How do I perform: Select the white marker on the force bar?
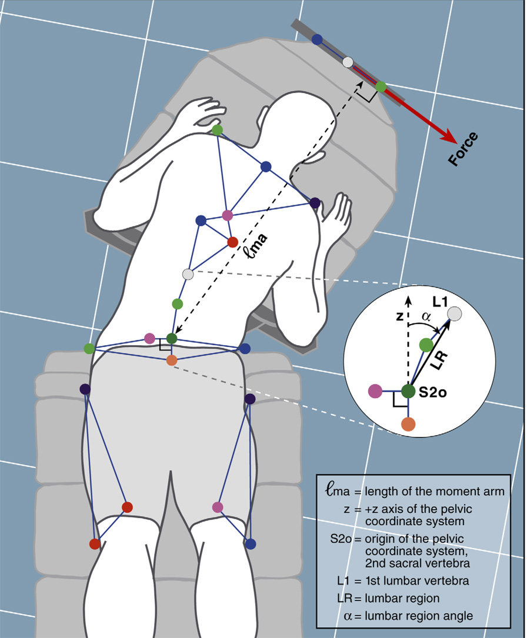coord(348,62)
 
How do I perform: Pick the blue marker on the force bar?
coord(317,39)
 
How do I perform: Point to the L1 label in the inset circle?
coord(440,302)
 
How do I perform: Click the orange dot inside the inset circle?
coord(408,423)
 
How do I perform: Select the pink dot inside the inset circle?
coord(375,390)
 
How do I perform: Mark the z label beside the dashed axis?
coord(399,317)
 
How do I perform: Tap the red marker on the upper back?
coord(232,242)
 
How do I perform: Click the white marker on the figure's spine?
coord(188,274)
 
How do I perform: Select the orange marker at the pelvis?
coord(172,360)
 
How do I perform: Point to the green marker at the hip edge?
coord(89,349)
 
